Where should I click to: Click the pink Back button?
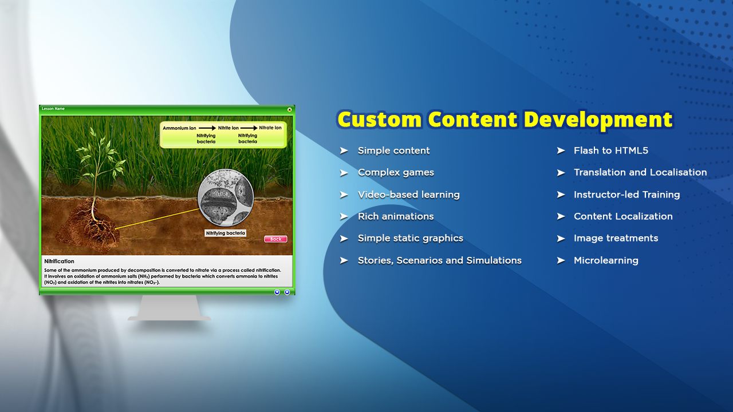tap(275, 239)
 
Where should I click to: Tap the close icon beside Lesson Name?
tap(289, 110)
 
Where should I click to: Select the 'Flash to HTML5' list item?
tap(610, 150)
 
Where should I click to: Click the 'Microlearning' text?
tap(606, 260)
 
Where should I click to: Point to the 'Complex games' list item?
tap(396, 172)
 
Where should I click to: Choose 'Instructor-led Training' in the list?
tap(626, 195)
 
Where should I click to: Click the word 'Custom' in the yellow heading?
tap(379, 119)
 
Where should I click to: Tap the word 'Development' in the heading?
tap(597, 120)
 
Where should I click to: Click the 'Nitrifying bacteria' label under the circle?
tap(225, 233)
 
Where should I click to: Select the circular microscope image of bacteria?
tap(226, 197)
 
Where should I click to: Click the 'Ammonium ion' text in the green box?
tap(179, 128)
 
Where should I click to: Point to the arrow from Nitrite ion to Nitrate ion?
tap(249, 128)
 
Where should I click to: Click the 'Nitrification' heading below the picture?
tap(59, 262)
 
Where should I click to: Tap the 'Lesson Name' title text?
tap(53, 109)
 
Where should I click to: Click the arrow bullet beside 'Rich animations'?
tap(344, 216)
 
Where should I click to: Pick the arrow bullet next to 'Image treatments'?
tap(561, 239)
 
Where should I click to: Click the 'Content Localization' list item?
tap(623, 216)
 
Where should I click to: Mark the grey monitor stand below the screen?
tap(169, 308)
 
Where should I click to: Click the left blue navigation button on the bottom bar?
tap(277, 292)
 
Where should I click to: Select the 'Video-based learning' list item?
tap(408, 195)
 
